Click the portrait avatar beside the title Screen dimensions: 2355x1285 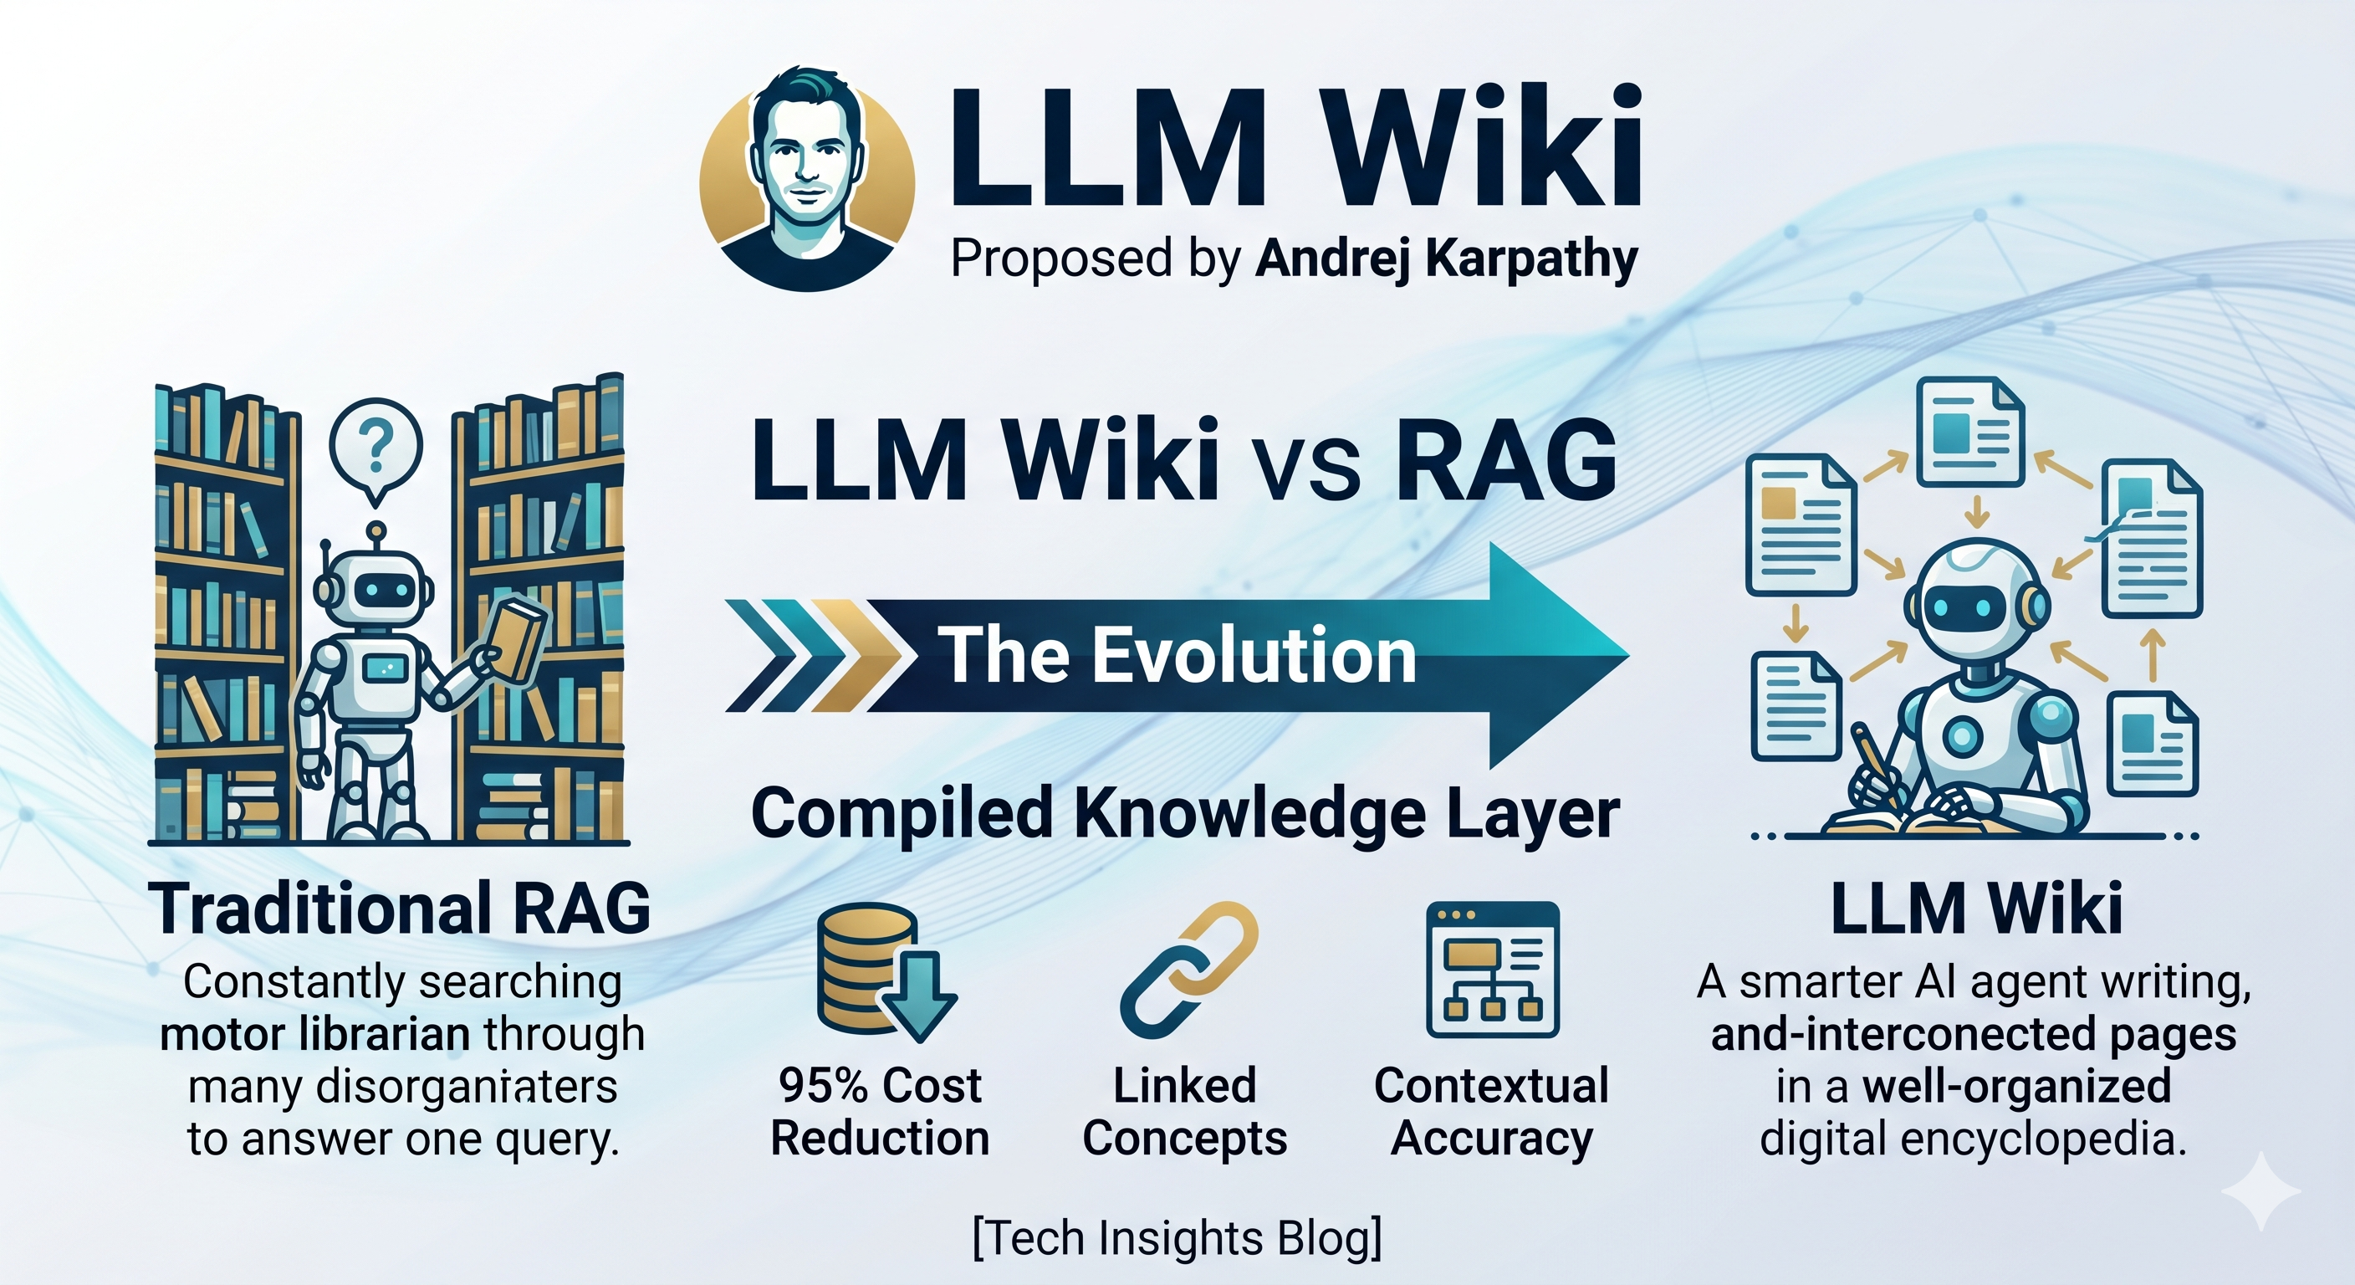click(x=806, y=178)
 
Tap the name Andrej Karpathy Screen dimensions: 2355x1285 click(x=1446, y=259)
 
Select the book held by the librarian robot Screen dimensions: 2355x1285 click(x=519, y=639)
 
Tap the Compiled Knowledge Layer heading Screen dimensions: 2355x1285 click(x=1185, y=813)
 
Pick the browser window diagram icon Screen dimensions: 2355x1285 click(x=1492, y=969)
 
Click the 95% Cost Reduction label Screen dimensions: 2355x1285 click(x=881, y=1111)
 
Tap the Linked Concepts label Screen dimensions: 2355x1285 click(x=1185, y=1111)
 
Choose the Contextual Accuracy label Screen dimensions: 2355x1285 click(x=1491, y=1111)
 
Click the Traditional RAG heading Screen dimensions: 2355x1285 click(x=403, y=909)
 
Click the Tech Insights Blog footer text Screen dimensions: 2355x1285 click(x=1177, y=1238)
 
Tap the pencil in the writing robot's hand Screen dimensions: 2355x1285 click(x=1873, y=759)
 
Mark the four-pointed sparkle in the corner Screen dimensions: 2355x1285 click(x=2260, y=1190)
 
